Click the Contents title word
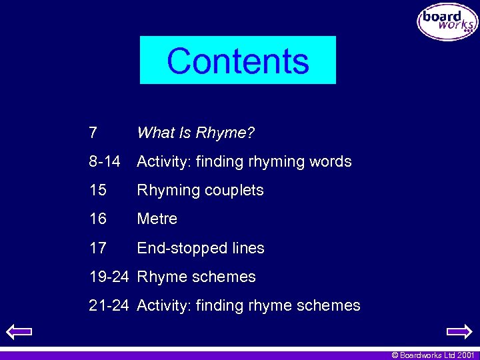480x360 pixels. [238, 61]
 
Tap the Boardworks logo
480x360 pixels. [447, 22]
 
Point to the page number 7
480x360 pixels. [93, 133]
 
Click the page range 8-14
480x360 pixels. [105, 161]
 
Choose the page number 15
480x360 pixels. [98, 190]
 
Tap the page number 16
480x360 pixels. [98, 219]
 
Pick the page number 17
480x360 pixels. [98, 248]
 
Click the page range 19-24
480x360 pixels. [109, 277]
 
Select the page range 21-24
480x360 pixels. [109, 305]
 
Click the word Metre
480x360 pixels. [157, 219]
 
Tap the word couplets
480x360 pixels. [234, 190]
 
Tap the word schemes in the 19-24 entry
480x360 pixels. [225, 277]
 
